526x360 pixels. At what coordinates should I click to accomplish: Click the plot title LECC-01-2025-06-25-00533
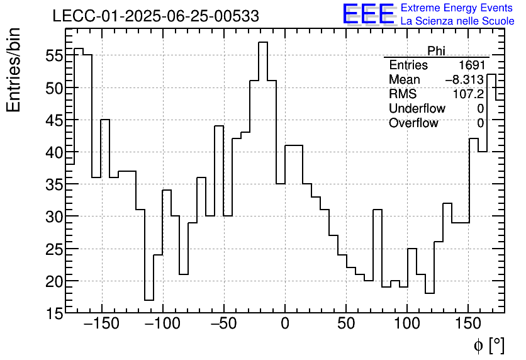click(x=155, y=16)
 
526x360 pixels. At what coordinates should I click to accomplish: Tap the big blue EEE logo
click(x=368, y=14)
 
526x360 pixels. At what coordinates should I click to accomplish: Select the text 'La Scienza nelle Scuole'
click(x=457, y=21)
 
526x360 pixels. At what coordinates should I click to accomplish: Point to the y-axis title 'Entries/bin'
click(x=14, y=69)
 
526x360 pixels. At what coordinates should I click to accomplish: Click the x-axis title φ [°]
click(x=488, y=346)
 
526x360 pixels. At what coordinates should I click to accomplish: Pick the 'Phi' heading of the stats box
click(x=436, y=51)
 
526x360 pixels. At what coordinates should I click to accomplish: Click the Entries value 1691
click(x=471, y=65)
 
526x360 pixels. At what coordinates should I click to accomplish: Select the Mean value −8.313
click(x=464, y=80)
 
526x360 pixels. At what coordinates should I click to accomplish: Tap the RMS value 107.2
click(x=469, y=94)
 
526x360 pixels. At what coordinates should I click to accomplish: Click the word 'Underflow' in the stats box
click(x=417, y=109)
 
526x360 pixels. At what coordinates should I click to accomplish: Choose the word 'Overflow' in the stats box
click(x=413, y=123)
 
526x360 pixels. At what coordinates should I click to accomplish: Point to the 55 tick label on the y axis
click(x=53, y=55)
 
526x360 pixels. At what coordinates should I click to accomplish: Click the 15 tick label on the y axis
click(x=53, y=313)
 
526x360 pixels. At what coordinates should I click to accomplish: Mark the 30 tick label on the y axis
click(x=53, y=217)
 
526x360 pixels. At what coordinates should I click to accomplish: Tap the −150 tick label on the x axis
click(x=101, y=325)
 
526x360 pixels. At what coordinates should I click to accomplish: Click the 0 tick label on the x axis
click(x=285, y=325)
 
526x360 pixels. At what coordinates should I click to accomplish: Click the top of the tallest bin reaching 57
click(x=263, y=42)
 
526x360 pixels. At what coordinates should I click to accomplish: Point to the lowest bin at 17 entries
click(x=149, y=300)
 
